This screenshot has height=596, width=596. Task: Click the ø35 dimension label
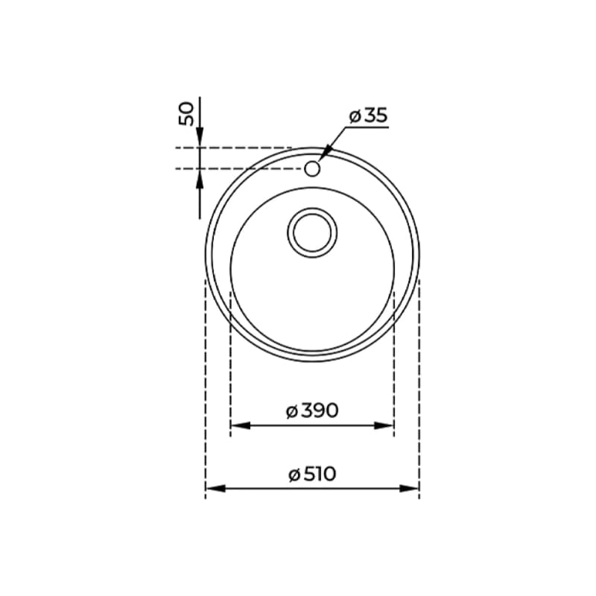point(368,115)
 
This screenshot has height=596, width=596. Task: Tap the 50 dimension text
point(186,114)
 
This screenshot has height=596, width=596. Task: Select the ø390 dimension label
point(312,410)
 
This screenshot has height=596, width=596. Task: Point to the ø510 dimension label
point(312,474)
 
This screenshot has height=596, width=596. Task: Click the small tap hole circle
point(312,168)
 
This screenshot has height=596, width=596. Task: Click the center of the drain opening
point(312,232)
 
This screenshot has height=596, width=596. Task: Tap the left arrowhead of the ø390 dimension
point(241,425)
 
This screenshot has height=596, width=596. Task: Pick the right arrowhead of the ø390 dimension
point(384,425)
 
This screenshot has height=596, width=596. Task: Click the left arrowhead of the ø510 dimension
point(215,489)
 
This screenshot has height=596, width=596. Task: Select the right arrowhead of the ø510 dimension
point(409,489)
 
